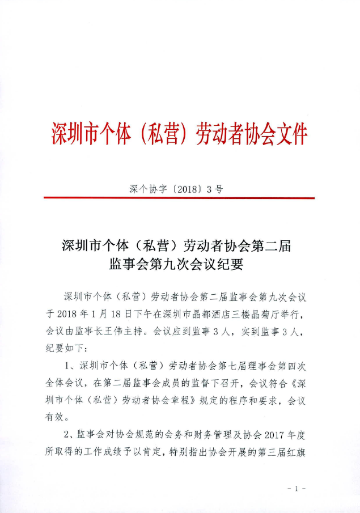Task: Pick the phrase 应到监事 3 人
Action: [205, 330]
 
